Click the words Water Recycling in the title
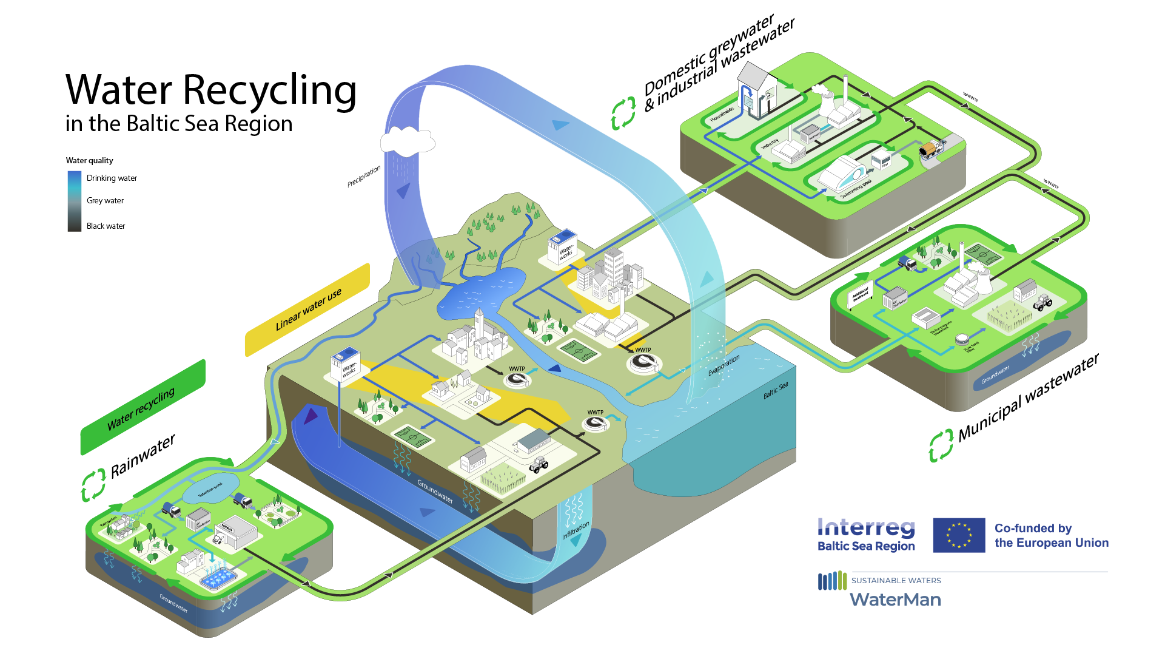click(210, 90)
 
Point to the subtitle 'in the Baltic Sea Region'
click(179, 124)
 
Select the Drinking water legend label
click(112, 178)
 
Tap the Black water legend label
click(106, 226)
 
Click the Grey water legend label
click(105, 200)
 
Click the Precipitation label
click(364, 176)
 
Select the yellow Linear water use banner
click(307, 309)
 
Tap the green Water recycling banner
click(142, 407)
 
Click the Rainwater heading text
click(143, 456)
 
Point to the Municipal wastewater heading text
click(1029, 397)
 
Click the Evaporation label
click(724, 365)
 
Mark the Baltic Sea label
click(776, 390)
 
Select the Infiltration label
click(576, 530)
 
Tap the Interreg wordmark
click(866, 527)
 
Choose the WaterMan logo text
click(895, 600)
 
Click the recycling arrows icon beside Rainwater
click(93, 485)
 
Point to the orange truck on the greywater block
click(928, 149)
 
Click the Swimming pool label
click(856, 189)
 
